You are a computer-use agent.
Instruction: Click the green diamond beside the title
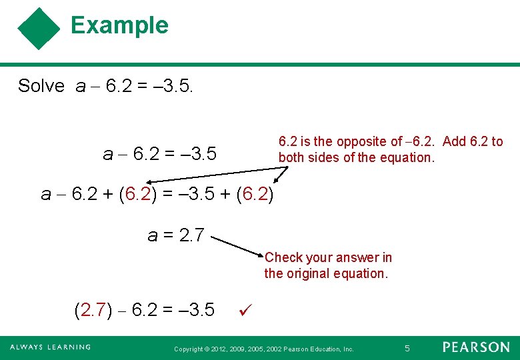point(39,29)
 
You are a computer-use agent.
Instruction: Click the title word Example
point(119,25)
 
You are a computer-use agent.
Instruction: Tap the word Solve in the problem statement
point(41,86)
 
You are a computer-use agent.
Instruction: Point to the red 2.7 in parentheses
point(94,310)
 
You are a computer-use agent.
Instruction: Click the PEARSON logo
point(476,347)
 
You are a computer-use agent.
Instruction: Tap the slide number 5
point(407,347)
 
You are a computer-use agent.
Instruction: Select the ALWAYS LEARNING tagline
point(50,347)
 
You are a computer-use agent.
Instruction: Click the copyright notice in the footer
point(263,349)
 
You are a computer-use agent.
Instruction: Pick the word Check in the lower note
point(284,257)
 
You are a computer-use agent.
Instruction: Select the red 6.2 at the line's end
point(255,194)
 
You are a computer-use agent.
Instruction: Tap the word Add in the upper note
point(454,141)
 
